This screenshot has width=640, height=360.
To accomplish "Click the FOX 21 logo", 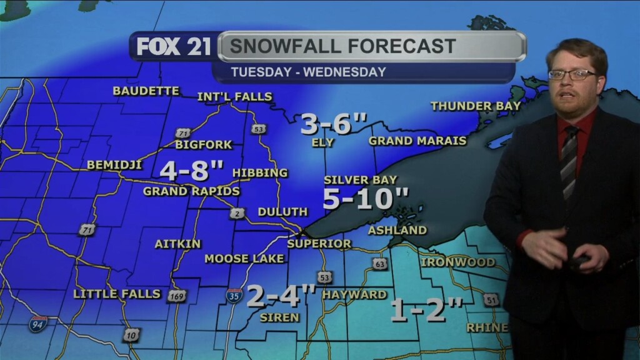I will pyautogui.click(x=174, y=47).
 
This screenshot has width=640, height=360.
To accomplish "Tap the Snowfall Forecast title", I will pyautogui.click(x=342, y=46).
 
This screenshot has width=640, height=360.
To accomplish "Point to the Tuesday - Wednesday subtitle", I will pyautogui.click(x=308, y=72).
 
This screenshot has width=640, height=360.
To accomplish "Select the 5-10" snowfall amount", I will pyautogui.click(x=366, y=199).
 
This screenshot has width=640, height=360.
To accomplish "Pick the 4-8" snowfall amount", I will pyautogui.click(x=192, y=169).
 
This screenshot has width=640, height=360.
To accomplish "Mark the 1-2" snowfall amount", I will pyautogui.click(x=427, y=310).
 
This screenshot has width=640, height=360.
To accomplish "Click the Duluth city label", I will pyautogui.click(x=282, y=212).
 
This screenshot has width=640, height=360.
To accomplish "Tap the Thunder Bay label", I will pyautogui.click(x=476, y=106).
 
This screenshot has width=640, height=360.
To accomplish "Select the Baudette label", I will pyautogui.click(x=146, y=91).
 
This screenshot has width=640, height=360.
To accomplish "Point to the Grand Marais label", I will pyautogui.click(x=417, y=141).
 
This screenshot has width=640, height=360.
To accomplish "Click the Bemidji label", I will pyautogui.click(x=114, y=165).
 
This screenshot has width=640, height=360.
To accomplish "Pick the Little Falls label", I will pyautogui.click(x=117, y=293).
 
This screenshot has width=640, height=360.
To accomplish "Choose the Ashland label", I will pyautogui.click(x=397, y=230).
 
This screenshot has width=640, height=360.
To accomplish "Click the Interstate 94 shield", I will pyautogui.click(x=37, y=324).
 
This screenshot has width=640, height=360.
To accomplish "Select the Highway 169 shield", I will pyautogui.click(x=177, y=296).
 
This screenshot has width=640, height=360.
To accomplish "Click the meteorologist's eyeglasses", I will pyautogui.click(x=572, y=74).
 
